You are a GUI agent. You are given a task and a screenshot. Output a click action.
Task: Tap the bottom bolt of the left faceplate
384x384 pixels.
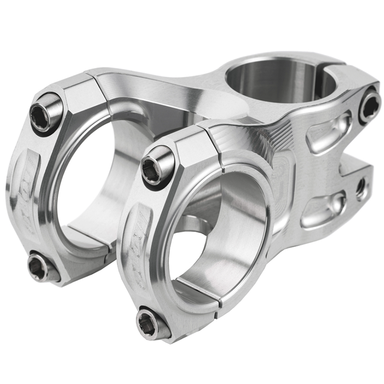tap(39, 267)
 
